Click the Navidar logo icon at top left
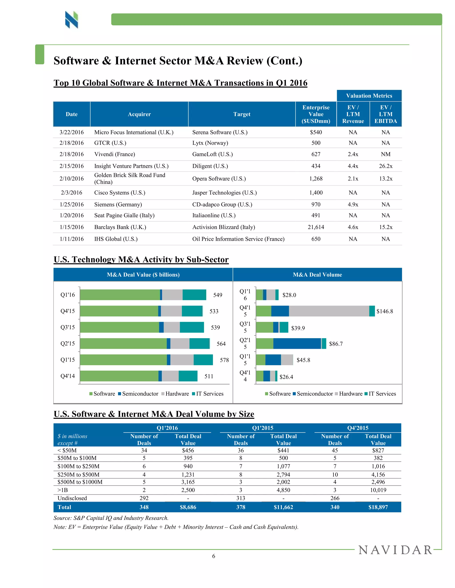pyautogui.click(x=72, y=20)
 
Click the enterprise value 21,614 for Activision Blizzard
pyautogui.click(x=316, y=227)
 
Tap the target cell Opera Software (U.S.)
pyautogui.click(x=219, y=178)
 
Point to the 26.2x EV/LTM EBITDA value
pyautogui.click(x=385, y=166)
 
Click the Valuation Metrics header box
pyautogui.click(x=369, y=96)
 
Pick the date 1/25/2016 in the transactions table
pyautogui.click(x=72, y=204)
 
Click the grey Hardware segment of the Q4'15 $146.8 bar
pyautogui.click(x=329, y=311)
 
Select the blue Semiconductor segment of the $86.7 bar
pyautogui.click(x=297, y=343)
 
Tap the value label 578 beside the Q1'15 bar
pyautogui.click(x=224, y=360)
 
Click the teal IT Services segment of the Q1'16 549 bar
pyautogui.click(x=194, y=294)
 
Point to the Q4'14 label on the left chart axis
pyautogui.click(x=67, y=376)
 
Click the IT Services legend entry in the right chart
pyautogui.click(x=380, y=394)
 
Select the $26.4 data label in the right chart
pyautogui.click(x=286, y=377)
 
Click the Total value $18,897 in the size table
pyautogui.click(x=378, y=507)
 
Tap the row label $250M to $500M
pyautogui.click(x=78, y=474)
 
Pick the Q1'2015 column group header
pyautogui.click(x=263, y=428)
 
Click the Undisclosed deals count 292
pyautogui.click(x=144, y=498)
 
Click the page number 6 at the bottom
pyautogui.click(x=214, y=556)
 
